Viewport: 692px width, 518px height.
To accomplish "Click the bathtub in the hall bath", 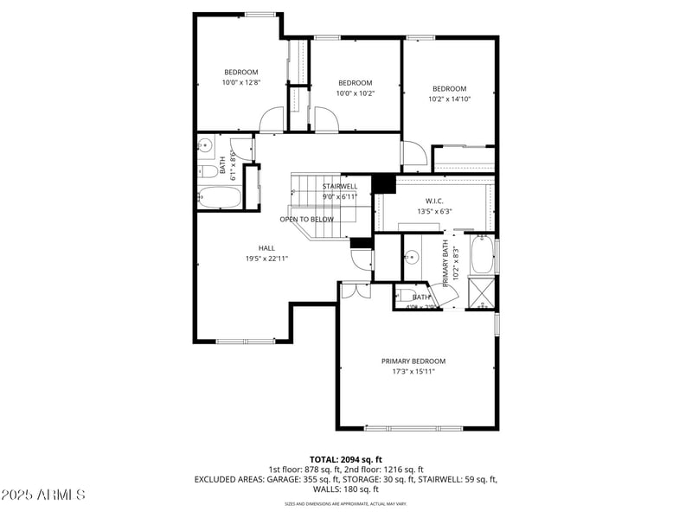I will point(219,198).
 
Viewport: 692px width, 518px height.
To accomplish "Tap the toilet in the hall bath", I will point(208,171).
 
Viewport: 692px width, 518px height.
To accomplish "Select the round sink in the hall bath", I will point(206,146).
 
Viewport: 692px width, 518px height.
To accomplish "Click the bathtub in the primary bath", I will point(481,255).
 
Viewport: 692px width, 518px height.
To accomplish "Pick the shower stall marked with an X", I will point(482,292).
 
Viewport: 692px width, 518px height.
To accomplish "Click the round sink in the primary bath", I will point(413,257).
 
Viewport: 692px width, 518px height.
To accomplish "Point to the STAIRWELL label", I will point(339,186).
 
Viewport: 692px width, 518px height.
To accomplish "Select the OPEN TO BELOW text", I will point(306,219).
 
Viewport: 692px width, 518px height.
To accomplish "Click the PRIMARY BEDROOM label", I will point(413,361).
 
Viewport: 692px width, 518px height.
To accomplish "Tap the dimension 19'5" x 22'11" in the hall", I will point(266,258).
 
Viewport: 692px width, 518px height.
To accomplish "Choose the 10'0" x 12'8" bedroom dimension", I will point(241,82).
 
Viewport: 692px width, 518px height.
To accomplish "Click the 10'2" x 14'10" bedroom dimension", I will point(449,99).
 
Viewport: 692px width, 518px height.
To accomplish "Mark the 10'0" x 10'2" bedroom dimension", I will point(355,93).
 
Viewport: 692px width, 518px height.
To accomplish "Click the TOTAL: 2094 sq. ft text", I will point(345,459).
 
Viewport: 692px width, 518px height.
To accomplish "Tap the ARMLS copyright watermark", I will point(43,495).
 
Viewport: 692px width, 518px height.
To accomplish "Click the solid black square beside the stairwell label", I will point(383,183).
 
